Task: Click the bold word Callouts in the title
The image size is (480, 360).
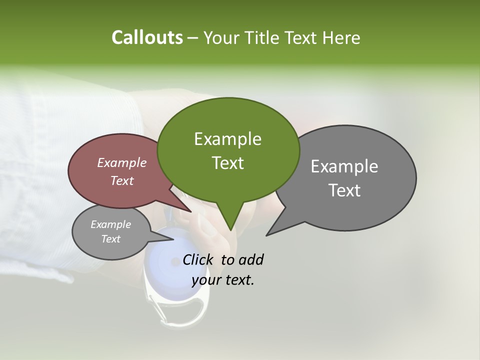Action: [x=147, y=37]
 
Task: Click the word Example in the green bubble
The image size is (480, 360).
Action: [x=227, y=139]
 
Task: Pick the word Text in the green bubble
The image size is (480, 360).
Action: [x=227, y=163]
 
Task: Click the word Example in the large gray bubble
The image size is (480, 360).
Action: [x=344, y=166]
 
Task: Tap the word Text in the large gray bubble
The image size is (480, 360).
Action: [x=345, y=190]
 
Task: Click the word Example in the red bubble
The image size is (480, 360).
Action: [x=121, y=162]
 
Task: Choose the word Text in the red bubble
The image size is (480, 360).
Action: [x=121, y=181]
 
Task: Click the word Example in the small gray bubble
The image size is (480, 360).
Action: [x=110, y=224]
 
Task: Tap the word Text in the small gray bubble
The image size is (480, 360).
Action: [x=110, y=239]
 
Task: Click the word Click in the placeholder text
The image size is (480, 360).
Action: [x=198, y=259]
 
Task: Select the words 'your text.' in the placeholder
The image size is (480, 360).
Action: [x=223, y=280]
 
